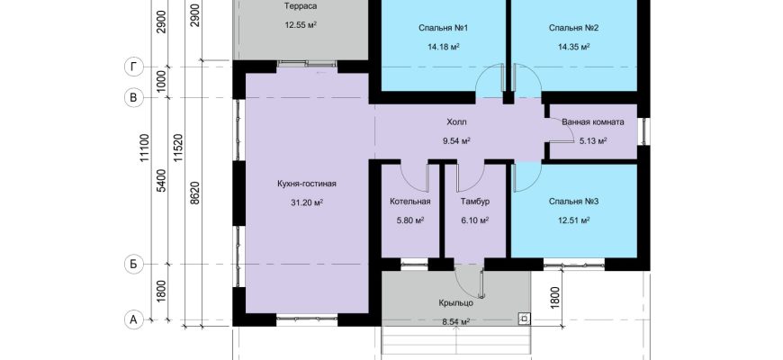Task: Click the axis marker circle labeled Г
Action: pos(133,67)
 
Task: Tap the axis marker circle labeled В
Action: pos(133,97)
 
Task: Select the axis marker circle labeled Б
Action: pos(133,264)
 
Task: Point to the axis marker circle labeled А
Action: pos(133,319)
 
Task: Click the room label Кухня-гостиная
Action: pos(307,184)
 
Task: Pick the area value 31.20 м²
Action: pos(307,202)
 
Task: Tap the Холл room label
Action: pos(456,121)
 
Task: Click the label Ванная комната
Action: pos(593,121)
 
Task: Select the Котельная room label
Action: pos(410,202)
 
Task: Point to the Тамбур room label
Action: pos(474,202)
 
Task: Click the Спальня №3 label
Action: pos(574,202)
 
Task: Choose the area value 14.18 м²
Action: pos(444,47)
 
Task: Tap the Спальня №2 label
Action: pos(574,28)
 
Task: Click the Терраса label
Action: pos(301,6)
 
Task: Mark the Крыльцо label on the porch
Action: pos(456,302)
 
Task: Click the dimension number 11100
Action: pos(144,148)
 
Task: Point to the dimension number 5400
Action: pos(161,181)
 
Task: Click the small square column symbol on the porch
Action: pos(525,318)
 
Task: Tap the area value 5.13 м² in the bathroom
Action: pos(593,140)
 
